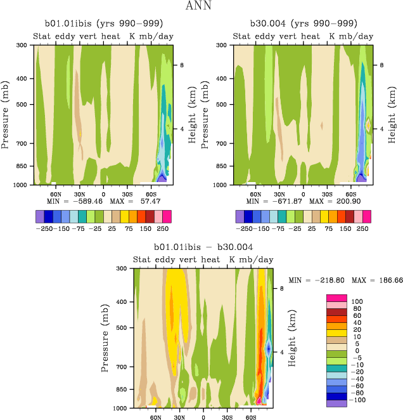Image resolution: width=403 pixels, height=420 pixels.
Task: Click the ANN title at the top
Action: coord(202,7)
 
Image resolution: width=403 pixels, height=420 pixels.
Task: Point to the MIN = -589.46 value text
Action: coord(75,201)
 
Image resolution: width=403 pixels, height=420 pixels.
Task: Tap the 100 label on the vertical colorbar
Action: coord(357,301)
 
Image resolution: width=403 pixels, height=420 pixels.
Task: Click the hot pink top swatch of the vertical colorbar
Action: coord(336,298)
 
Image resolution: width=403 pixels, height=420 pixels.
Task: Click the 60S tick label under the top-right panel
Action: coord(350,194)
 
